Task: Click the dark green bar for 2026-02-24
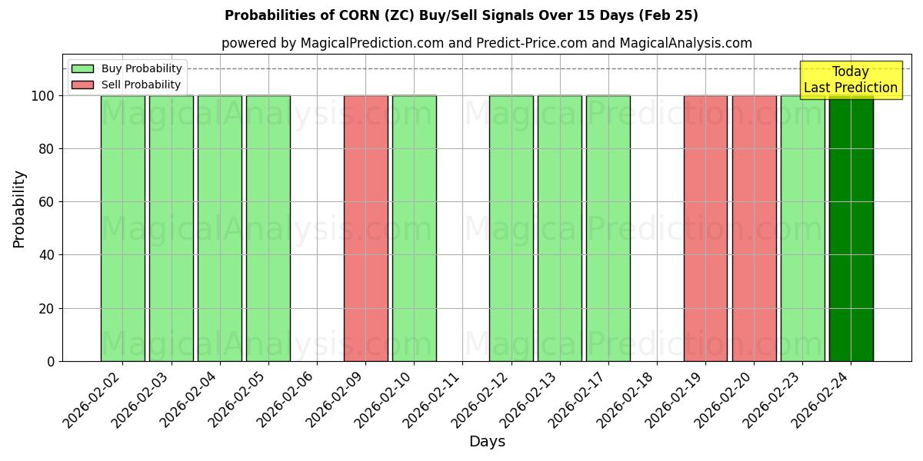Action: [x=851, y=228]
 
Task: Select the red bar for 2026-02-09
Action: [x=365, y=228]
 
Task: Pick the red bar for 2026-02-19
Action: [x=705, y=228]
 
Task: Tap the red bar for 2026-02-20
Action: [x=754, y=228]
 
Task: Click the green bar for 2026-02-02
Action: [x=122, y=228]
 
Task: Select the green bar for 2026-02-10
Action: [x=414, y=228]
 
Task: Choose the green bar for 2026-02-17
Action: [x=608, y=228]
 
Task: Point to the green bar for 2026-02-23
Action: [x=802, y=228]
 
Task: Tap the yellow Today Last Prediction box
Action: [x=850, y=80]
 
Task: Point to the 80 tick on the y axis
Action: [x=47, y=149]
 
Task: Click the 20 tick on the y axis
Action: [x=47, y=309]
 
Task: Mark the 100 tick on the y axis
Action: [x=44, y=96]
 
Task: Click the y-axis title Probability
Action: [x=19, y=209]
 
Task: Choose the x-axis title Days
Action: [x=487, y=442]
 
